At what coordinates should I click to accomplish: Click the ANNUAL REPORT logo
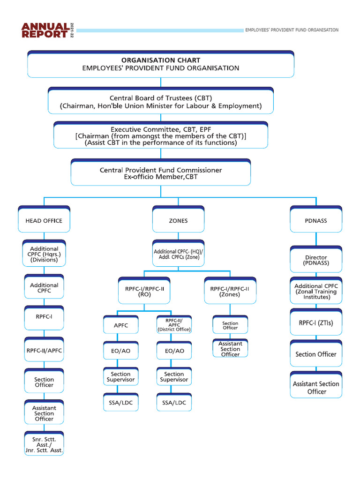point(44,30)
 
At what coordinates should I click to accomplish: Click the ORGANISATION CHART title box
point(161,64)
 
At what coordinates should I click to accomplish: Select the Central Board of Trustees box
point(161,102)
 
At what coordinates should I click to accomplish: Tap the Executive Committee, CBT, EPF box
point(161,135)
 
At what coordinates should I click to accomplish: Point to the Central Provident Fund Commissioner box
point(161,173)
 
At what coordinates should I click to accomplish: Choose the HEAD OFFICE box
point(44,220)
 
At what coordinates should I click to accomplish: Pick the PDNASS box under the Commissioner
point(316,220)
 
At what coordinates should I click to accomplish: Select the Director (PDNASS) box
point(316,260)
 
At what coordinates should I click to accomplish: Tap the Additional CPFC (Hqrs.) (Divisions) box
point(44,255)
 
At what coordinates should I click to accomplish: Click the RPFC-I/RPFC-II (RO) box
point(144,292)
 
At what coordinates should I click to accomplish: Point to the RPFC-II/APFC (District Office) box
point(174,324)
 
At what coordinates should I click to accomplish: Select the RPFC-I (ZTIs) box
point(316,323)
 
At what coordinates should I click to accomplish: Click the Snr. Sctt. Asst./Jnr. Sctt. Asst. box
point(44,444)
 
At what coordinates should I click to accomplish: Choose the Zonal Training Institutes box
point(316,292)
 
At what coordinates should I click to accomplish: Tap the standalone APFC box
point(120,325)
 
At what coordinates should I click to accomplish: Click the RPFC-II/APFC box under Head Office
point(44,350)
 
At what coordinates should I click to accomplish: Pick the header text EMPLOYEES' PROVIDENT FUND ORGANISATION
point(292,30)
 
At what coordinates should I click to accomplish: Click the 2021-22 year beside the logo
point(72,30)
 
